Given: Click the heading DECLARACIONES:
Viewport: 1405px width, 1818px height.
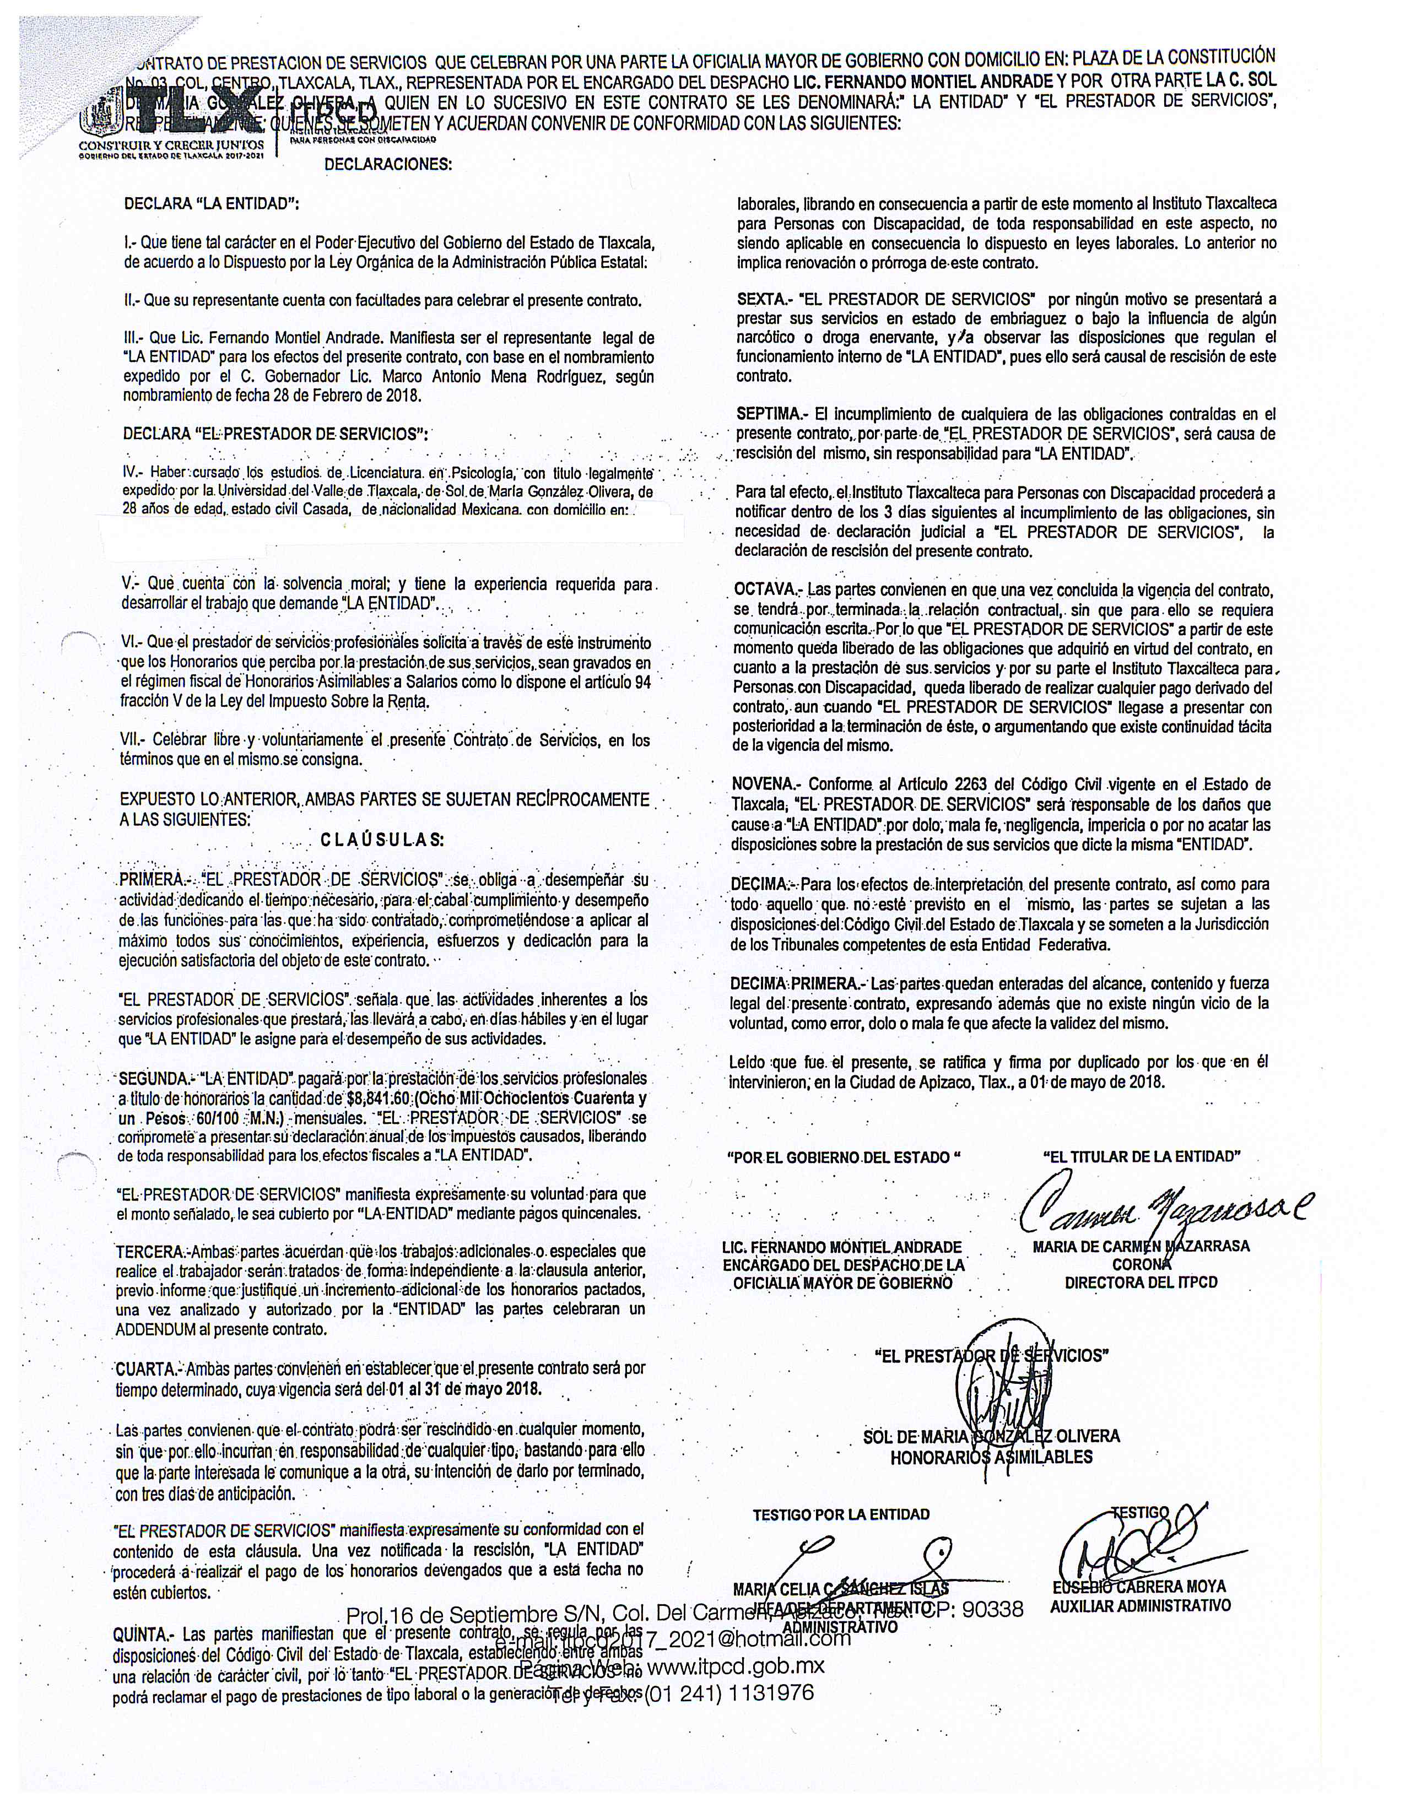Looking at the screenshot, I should click(x=388, y=164).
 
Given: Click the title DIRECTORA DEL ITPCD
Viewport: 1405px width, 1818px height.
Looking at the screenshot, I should click(x=1141, y=1282).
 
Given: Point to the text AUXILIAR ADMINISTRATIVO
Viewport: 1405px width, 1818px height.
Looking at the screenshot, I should click(x=1139, y=1605).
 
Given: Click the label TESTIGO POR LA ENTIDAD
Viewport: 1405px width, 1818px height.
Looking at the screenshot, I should click(x=841, y=1514).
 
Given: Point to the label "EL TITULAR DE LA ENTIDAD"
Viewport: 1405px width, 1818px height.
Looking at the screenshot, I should click(x=1141, y=1156).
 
